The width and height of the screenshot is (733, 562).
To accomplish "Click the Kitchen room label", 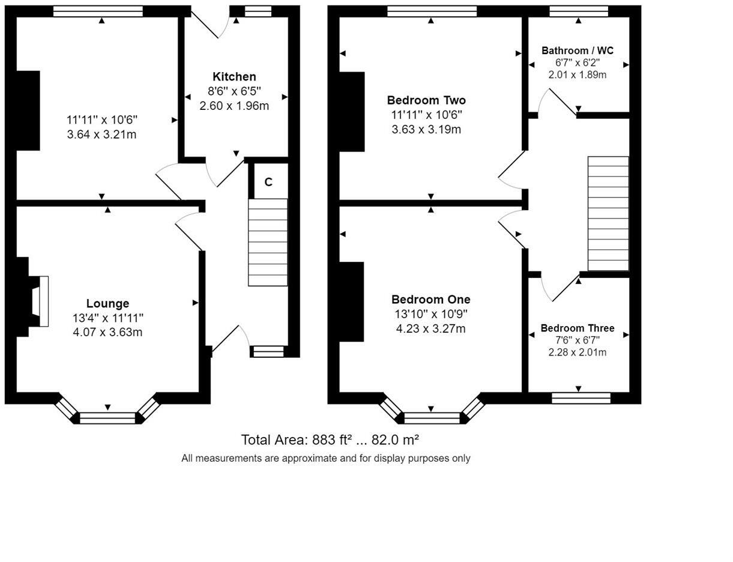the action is pyautogui.click(x=234, y=77).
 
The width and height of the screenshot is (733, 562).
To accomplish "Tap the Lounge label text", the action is pyautogui.click(x=107, y=303).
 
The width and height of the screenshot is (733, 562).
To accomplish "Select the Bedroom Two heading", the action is pyautogui.click(x=426, y=100).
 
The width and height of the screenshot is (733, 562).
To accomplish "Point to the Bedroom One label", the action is pyautogui.click(x=431, y=299).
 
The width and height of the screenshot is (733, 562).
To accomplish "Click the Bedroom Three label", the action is pyautogui.click(x=578, y=328).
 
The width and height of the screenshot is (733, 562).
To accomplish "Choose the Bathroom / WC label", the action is pyautogui.click(x=578, y=50).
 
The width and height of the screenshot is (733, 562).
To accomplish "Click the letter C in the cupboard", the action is pyautogui.click(x=268, y=182).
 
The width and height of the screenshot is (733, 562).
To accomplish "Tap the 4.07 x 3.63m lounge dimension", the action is pyautogui.click(x=107, y=332).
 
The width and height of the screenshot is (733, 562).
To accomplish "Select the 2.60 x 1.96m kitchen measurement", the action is pyautogui.click(x=234, y=106).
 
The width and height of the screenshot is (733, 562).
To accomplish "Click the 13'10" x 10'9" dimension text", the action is pyautogui.click(x=431, y=314).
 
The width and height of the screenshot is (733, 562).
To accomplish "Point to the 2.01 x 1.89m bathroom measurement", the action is pyautogui.click(x=578, y=74).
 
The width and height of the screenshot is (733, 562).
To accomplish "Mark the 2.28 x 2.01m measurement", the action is pyautogui.click(x=578, y=352).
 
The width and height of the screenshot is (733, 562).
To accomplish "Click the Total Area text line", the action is pyautogui.click(x=330, y=440).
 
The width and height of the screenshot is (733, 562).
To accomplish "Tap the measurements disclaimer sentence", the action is pyautogui.click(x=326, y=459).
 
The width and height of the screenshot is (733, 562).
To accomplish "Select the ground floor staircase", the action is pyautogui.click(x=268, y=242).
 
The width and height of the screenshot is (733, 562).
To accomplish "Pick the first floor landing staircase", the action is pyautogui.click(x=608, y=214).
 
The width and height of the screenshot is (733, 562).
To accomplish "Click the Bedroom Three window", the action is pyautogui.click(x=581, y=398).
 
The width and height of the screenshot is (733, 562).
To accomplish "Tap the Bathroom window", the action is pyautogui.click(x=579, y=11).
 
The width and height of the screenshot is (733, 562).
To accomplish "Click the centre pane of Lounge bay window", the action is pyautogui.click(x=107, y=418).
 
